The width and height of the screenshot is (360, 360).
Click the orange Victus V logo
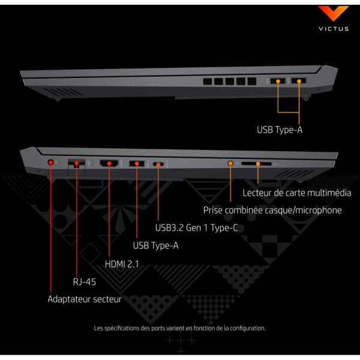pos(334,13)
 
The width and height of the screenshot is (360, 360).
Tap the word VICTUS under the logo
pos(334,29)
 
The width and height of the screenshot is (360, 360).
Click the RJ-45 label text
pos(84,282)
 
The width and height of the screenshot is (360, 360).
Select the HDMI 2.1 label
pos(122,264)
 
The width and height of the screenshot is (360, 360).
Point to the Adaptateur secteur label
pos(85,299)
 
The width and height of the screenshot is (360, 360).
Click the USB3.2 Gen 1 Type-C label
pos(196,228)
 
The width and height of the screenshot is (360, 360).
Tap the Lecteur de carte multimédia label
pos(297,193)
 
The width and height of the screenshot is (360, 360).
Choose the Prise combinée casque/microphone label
pos(272,211)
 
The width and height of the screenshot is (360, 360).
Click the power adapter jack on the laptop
pos(50,163)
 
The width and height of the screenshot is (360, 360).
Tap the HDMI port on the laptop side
pos(109,163)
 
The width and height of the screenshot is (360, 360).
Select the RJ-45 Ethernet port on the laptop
pos(76,163)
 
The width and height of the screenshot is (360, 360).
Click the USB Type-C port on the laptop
pos(158,164)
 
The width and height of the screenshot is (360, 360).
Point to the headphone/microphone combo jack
pos(230,163)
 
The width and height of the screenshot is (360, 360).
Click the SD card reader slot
pos(256,164)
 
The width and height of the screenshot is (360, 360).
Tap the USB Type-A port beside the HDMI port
pos(137,163)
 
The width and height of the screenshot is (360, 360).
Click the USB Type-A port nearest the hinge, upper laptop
pos(299,80)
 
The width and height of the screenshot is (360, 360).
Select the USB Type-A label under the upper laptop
pos(280,130)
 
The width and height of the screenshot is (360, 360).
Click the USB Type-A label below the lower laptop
pos(155,245)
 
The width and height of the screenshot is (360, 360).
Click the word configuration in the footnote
pos(247,328)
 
